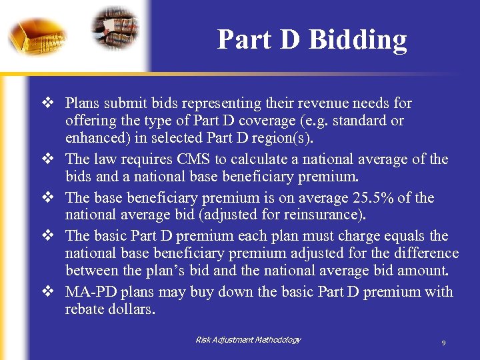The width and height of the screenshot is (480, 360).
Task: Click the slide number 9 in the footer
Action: click(443, 343)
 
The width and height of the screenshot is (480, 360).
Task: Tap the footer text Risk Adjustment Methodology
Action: click(248, 340)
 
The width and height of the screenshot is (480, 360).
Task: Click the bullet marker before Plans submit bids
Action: click(47, 103)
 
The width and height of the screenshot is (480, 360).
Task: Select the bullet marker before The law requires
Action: click(47, 159)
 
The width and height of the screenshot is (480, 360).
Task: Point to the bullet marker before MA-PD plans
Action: click(47, 292)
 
